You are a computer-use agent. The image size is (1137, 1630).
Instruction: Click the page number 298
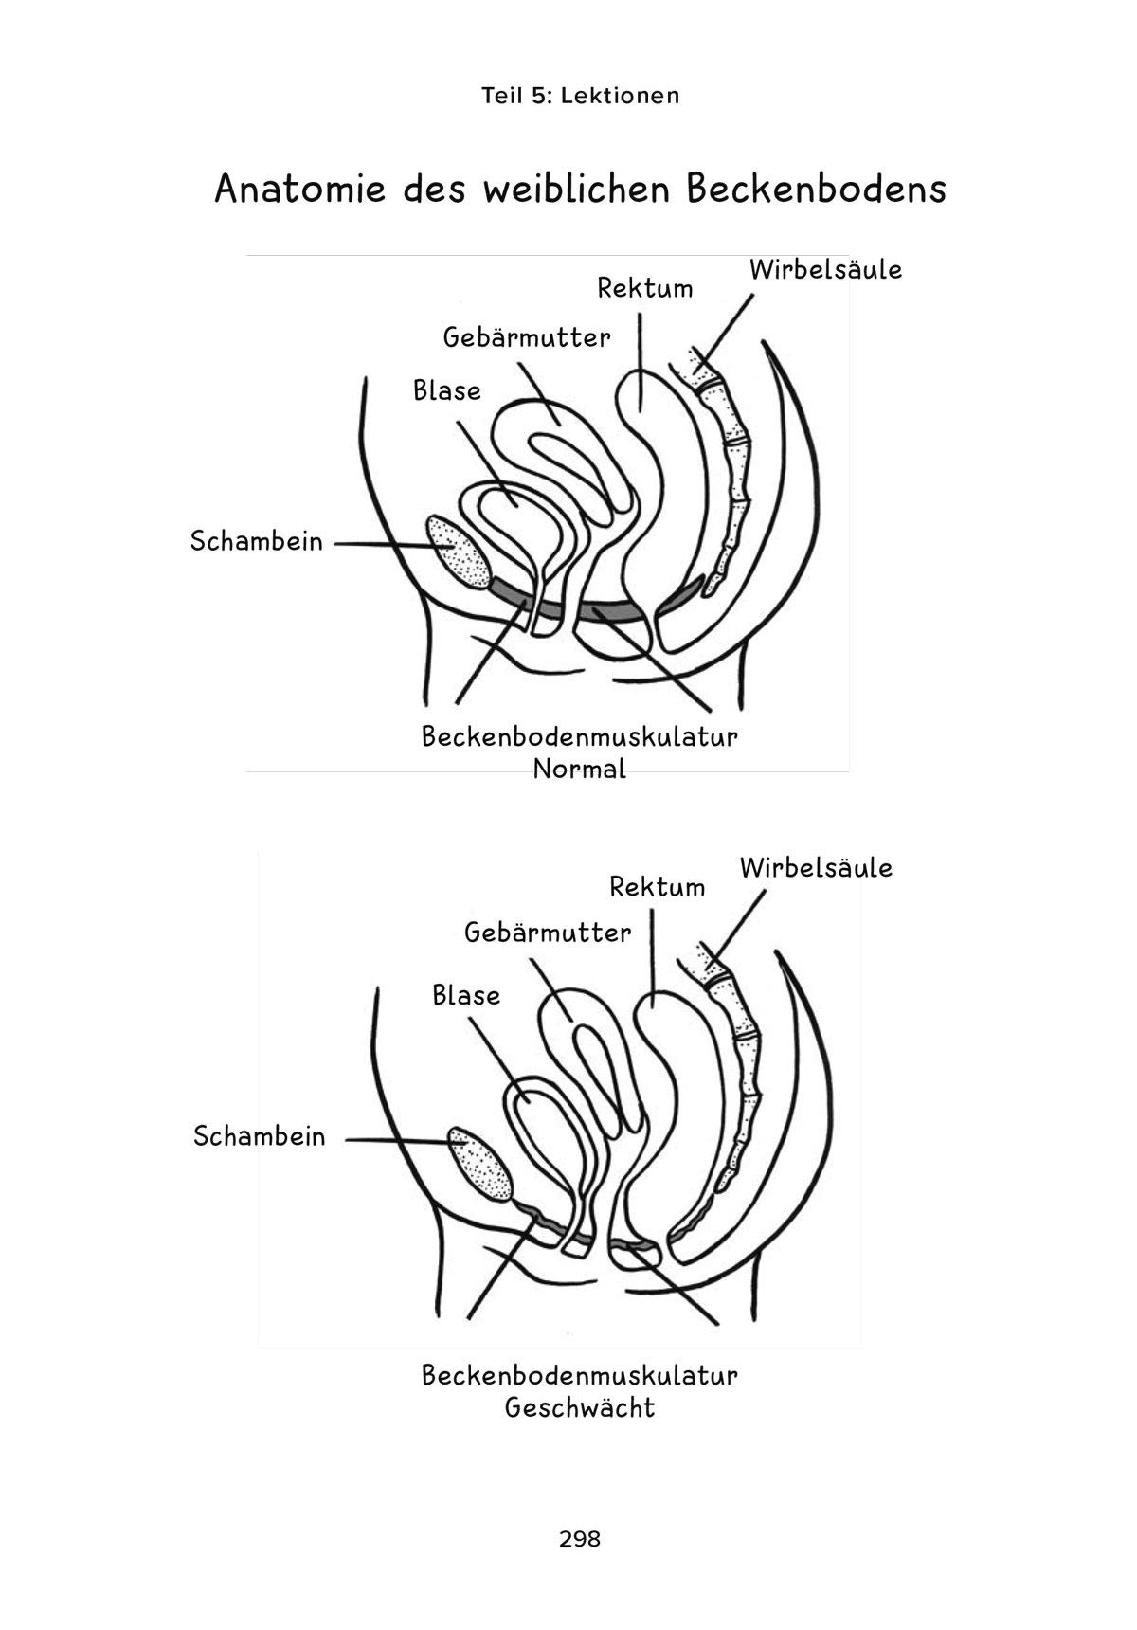pyautogui.click(x=580, y=1539)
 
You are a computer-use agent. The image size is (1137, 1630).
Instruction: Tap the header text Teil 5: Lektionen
pyautogui.click(x=580, y=96)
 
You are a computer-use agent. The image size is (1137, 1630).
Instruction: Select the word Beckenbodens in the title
pyautogui.click(x=816, y=190)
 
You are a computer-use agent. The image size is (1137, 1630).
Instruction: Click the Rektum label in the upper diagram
pyautogui.click(x=644, y=288)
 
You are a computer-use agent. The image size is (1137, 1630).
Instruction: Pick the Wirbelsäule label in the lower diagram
pyautogui.click(x=816, y=868)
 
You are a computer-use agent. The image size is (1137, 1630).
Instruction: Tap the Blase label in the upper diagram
pyautogui.click(x=447, y=390)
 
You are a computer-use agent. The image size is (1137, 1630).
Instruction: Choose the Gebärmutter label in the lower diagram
pyautogui.click(x=548, y=933)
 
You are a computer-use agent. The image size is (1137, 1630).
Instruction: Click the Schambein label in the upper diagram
pyautogui.click(x=257, y=542)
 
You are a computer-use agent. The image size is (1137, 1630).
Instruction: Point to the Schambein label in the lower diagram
pyautogui.click(x=259, y=1136)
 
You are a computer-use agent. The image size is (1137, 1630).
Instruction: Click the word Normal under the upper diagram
pyautogui.click(x=580, y=769)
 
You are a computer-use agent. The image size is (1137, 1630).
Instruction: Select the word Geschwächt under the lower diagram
pyautogui.click(x=580, y=1407)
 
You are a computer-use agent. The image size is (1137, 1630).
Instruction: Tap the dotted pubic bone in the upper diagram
pyautogui.click(x=458, y=552)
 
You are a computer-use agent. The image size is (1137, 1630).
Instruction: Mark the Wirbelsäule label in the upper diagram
pyautogui.click(x=825, y=270)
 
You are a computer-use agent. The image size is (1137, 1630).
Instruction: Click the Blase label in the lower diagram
pyautogui.click(x=466, y=995)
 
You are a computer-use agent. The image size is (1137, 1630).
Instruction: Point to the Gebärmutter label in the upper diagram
pyautogui.click(x=527, y=337)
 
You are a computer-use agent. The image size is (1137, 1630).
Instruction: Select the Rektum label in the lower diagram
pyautogui.click(x=658, y=888)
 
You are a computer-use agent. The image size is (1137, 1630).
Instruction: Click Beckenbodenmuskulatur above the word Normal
pyautogui.click(x=580, y=737)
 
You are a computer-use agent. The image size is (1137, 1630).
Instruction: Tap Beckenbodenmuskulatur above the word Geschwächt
pyautogui.click(x=580, y=1375)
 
